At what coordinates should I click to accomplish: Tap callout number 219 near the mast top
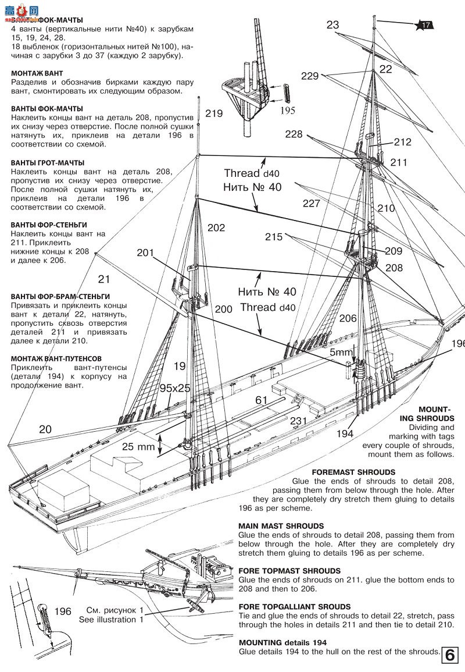click(x=214, y=113)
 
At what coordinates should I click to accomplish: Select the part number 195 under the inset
click(x=289, y=109)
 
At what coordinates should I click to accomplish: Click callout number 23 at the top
click(x=332, y=24)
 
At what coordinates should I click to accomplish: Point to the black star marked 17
click(x=425, y=24)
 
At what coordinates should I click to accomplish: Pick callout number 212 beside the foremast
click(x=402, y=142)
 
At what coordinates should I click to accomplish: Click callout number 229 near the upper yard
click(x=310, y=76)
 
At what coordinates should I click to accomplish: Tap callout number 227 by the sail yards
click(x=312, y=203)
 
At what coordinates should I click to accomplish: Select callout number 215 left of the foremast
click(x=274, y=237)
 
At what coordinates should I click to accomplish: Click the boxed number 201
click(x=146, y=253)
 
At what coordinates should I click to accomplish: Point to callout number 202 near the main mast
click(x=216, y=228)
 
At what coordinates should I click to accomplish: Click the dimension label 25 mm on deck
click(x=138, y=447)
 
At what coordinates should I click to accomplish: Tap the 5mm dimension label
click(x=341, y=352)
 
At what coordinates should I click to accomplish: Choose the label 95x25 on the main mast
click(x=175, y=388)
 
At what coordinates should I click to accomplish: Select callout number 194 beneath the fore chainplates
click(x=345, y=433)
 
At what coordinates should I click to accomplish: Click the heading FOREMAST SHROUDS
click(x=353, y=472)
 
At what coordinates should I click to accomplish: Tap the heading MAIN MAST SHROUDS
click(x=281, y=526)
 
